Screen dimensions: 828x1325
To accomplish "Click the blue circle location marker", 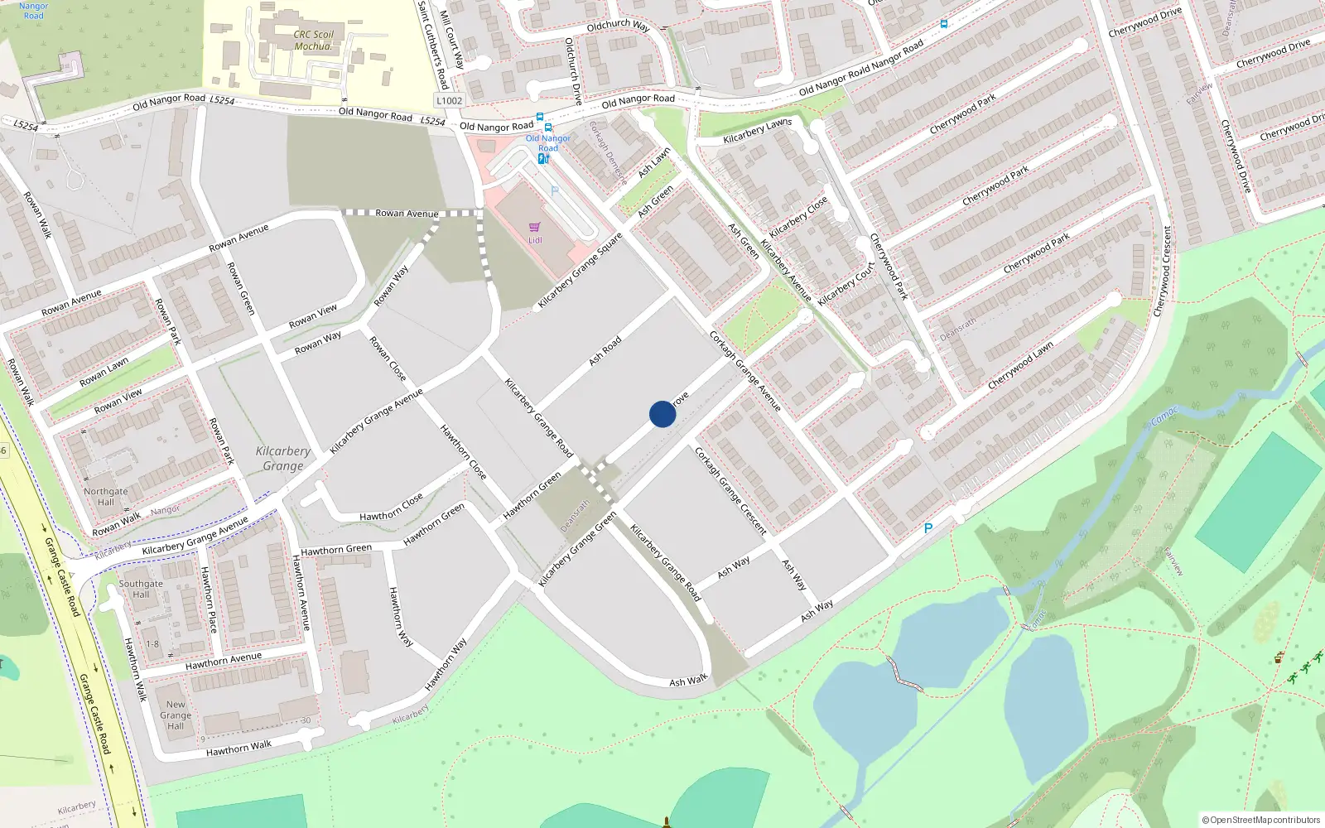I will (662, 414).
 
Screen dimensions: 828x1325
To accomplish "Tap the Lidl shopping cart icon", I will (535, 226).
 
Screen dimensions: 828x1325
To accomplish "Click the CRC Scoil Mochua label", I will (313, 41).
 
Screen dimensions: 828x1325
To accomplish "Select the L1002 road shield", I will (449, 101).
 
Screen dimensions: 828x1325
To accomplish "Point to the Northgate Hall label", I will (106, 497).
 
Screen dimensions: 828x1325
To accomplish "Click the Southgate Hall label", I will (141, 589).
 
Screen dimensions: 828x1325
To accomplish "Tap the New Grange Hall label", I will (176, 715).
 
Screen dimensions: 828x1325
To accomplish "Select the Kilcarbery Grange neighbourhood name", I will (283, 458).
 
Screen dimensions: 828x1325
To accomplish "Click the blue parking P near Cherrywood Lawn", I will (928, 528).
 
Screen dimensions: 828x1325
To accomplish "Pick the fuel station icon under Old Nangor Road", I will (543, 158).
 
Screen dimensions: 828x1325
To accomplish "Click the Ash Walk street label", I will (688, 681).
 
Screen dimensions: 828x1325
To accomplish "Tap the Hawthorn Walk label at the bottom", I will (238, 749).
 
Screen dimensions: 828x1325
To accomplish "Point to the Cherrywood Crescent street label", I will (1164, 271).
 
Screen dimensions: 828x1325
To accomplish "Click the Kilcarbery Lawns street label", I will (757, 131).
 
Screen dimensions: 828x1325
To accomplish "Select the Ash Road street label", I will (605, 351).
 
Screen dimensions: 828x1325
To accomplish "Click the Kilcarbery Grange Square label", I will (580, 271).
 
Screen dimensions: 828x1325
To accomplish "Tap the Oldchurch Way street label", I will (618, 26).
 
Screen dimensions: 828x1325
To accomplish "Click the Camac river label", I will (1164, 416).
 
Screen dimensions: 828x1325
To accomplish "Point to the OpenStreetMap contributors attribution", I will (1260, 820).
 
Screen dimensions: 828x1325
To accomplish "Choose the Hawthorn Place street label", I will (209, 599).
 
